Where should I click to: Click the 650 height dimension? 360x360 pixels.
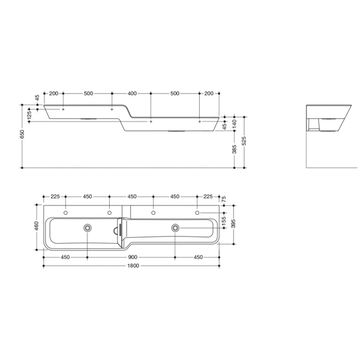point(22,135)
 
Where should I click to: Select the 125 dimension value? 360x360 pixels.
point(29,114)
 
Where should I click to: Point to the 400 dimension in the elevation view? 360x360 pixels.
point(132,94)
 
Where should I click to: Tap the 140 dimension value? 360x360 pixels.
point(235,121)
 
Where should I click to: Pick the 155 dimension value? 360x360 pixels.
point(224,220)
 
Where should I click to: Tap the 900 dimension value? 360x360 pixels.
point(131,257)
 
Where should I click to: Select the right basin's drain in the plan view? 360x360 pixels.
point(175,227)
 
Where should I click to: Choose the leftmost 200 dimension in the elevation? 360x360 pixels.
point(53,94)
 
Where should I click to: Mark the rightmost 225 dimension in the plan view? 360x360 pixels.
point(208,196)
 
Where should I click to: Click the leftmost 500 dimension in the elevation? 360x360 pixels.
point(88,94)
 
